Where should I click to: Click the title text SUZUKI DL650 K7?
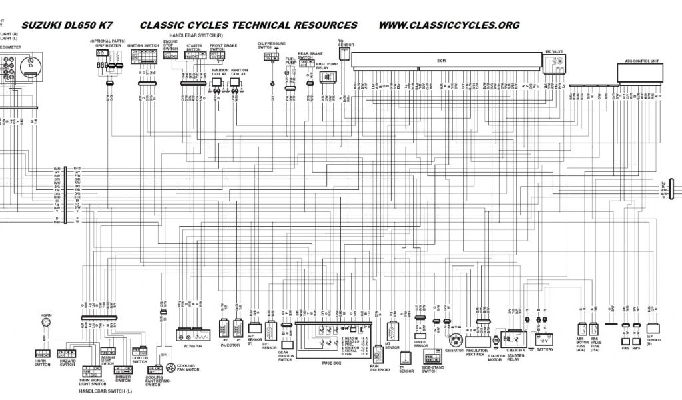click(x=65, y=26)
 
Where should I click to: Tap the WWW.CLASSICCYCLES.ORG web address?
click(x=449, y=26)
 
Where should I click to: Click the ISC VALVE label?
click(x=555, y=51)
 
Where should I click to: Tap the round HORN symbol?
click(x=46, y=323)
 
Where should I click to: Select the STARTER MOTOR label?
click(x=496, y=357)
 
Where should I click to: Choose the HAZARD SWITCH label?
click(x=67, y=363)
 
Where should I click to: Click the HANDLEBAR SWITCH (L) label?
click(x=105, y=391)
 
